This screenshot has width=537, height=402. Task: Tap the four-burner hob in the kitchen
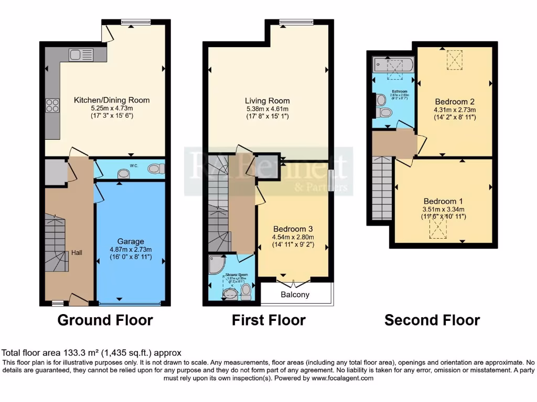pyautogui.click(x=53, y=105)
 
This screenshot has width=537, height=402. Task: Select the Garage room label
pyautogui.click(x=131, y=241)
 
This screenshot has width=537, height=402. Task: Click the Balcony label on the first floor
pyautogui.click(x=295, y=295)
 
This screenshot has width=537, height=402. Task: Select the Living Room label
pyautogui.click(x=267, y=100)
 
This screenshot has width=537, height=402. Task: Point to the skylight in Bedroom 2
pyautogui.click(x=455, y=60)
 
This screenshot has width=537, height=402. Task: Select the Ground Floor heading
pyautogui.click(x=105, y=320)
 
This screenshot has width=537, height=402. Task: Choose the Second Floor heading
pyautogui.click(x=432, y=320)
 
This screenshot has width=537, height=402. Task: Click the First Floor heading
pyautogui.click(x=268, y=320)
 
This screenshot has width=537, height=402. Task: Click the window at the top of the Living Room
pyautogui.click(x=296, y=21)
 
